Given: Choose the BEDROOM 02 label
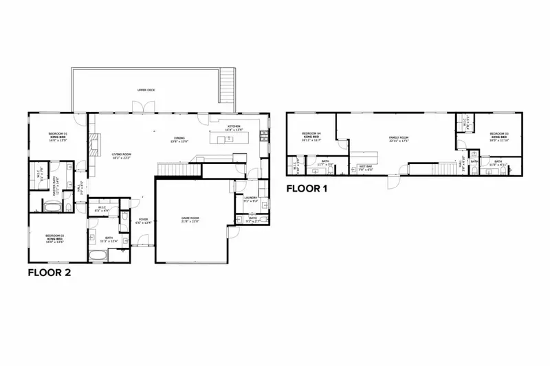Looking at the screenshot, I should click(x=54, y=238).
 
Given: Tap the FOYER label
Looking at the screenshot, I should click(x=143, y=221).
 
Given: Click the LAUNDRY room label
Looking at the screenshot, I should click(x=251, y=199).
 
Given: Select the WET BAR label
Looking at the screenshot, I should click(x=366, y=166).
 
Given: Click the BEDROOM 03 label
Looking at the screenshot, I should click(x=498, y=135).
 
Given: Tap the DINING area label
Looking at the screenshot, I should click(x=179, y=140).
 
